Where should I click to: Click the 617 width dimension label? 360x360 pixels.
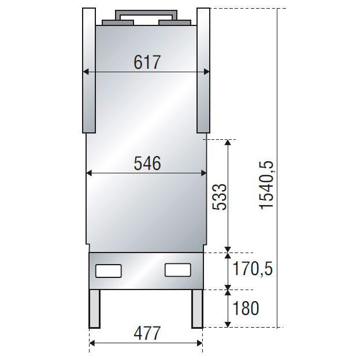(147, 62)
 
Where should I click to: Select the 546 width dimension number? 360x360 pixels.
(147, 163)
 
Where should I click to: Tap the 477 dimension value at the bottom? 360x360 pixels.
(147, 333)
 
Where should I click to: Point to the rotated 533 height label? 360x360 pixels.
(220, 197)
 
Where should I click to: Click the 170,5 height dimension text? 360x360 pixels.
(253, 269)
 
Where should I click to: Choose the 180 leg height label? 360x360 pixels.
(246, 308)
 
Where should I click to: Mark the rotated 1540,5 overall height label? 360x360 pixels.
(266, 185)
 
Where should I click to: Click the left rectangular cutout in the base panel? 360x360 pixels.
(109, 271)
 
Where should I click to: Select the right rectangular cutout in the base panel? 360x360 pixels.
(178, 270)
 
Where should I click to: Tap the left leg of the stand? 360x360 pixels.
(95, 309)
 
